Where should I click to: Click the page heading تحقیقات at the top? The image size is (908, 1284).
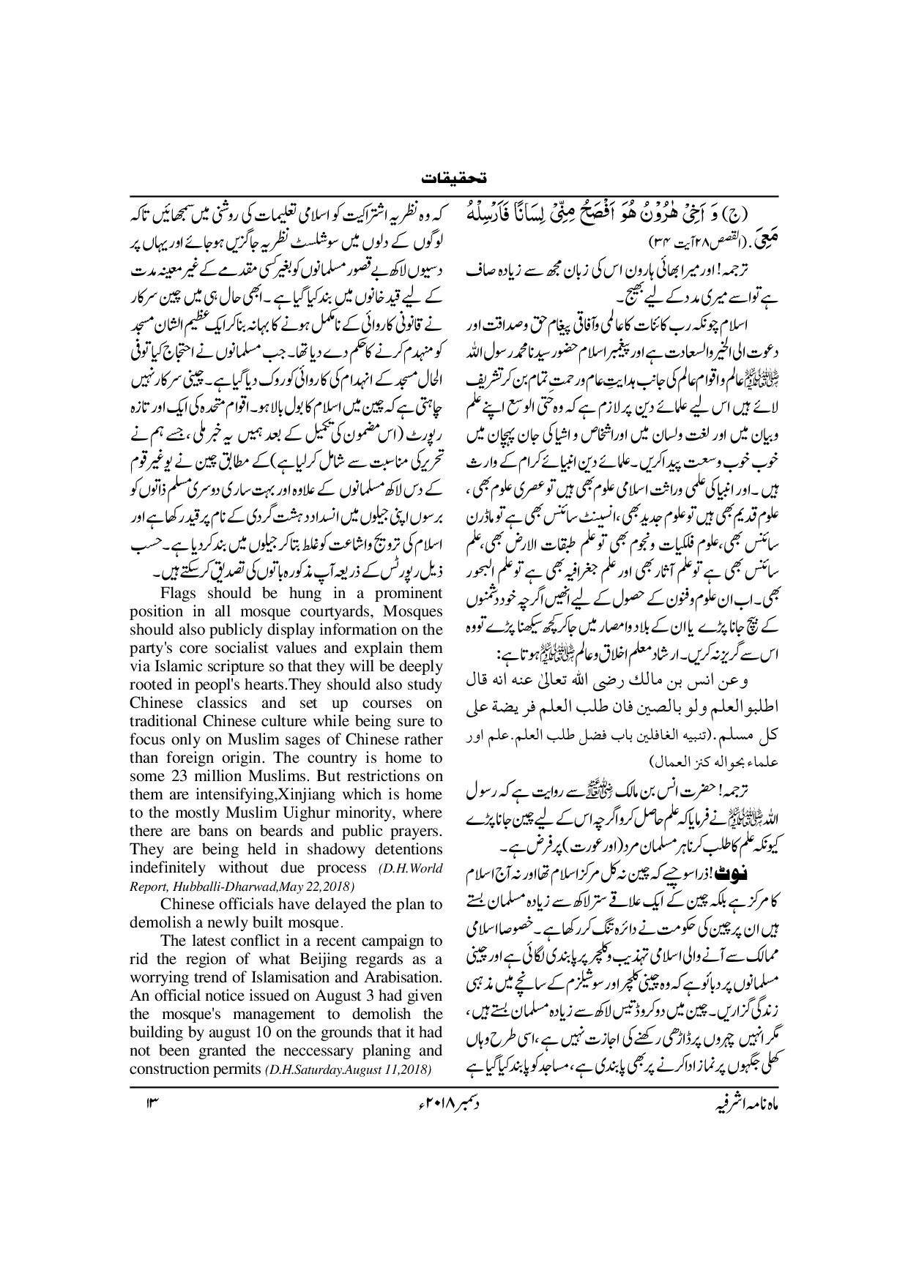(453, 178)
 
